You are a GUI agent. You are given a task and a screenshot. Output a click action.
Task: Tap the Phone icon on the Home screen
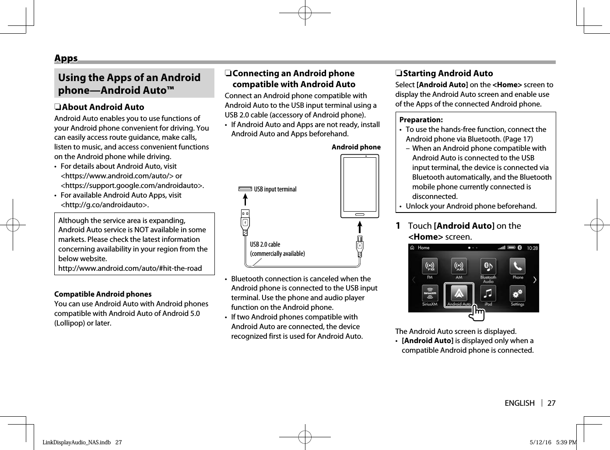(518, 267)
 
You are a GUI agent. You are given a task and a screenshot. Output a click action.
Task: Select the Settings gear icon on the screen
(518, 294)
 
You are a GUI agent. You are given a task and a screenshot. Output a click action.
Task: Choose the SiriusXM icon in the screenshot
(430, 294)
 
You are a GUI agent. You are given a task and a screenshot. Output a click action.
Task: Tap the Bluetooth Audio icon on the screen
(488, 267)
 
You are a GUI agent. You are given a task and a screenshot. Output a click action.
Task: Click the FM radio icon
(430, 267)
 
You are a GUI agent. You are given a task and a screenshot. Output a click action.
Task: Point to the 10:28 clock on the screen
(532, 248)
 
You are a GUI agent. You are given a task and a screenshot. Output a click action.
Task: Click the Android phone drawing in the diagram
(360, 186)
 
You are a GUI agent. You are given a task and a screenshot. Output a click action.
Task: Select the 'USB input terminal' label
(275, 189)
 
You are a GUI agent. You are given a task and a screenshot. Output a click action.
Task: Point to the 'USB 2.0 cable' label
(265, 244)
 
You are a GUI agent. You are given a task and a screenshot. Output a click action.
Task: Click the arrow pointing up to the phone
(360, 227)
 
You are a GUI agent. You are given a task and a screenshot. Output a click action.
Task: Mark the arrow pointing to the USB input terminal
(245, 199)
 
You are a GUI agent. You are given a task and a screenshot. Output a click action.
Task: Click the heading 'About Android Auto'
(103, 107)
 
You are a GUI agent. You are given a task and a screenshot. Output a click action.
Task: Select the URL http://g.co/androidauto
(105, 205)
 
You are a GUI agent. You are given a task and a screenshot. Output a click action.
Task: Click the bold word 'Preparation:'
(421, 120)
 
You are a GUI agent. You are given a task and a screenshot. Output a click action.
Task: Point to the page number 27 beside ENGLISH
(551, 403)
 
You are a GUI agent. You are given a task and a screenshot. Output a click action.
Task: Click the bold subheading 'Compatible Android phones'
(103, 294)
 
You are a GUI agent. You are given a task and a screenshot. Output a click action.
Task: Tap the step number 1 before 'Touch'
(398, 226)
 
